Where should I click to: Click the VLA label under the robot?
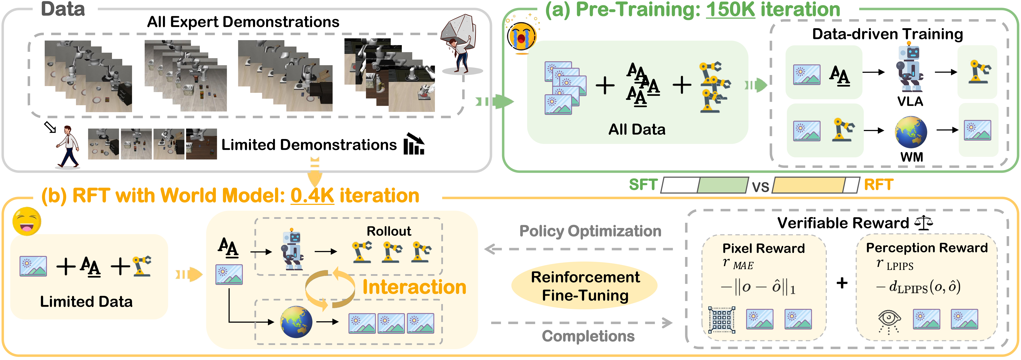tap(910, 101)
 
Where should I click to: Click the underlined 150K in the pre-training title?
tap(730, 10)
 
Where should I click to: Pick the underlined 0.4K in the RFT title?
tap(312, 195)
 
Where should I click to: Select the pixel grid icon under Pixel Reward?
tap(721, 320)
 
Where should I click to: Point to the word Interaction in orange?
tap(414, 287)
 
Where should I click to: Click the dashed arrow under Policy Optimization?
tap(579, 249)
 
